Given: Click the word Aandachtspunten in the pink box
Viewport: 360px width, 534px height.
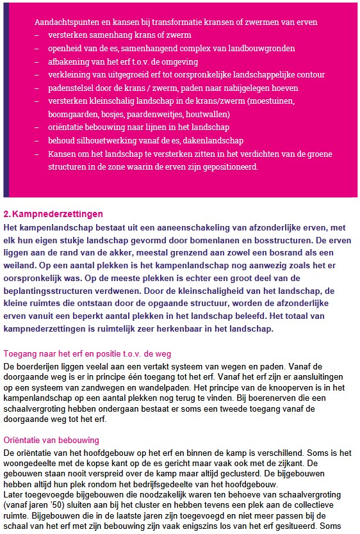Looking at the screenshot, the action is coord(67,22).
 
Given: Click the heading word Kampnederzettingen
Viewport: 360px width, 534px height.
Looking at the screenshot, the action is coord(58,214).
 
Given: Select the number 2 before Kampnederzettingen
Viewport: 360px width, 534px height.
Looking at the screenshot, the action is coord(6,214).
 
